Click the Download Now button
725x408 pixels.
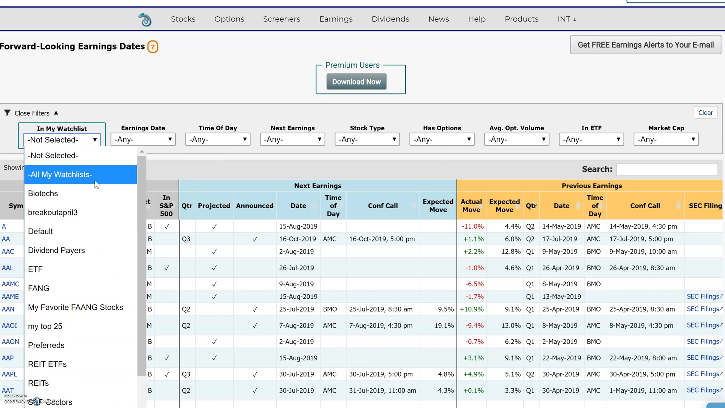click(356, 82)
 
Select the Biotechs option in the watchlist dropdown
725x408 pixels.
click(43, 193)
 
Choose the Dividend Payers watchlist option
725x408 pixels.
click(56, 250)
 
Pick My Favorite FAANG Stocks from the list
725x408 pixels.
click(76, 307)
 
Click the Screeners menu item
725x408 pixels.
click(282, 19)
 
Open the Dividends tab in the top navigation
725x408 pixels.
click(390, 19)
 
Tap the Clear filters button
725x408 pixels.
click(705, 113)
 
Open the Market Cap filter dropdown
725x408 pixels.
click(666, 139)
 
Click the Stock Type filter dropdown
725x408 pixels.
click(367, 139)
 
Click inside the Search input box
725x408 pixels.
click(667, 169)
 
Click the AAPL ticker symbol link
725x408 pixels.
click(9, 374)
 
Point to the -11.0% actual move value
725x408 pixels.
click(472, 226)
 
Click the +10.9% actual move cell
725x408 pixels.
click(471, 309)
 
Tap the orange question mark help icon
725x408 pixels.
click(153, 47)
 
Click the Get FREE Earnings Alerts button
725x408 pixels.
click(645, 45)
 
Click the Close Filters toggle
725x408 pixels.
click(32, 113)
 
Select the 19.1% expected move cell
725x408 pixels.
click(444, 325)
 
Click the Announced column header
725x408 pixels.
click(254, 206)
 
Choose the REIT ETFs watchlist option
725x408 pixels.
click(47, 364)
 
